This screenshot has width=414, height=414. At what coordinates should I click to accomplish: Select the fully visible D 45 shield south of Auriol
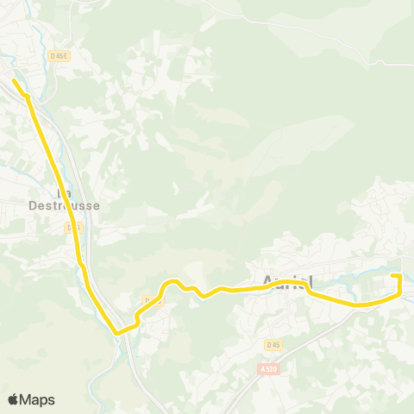click(x=273, y=345)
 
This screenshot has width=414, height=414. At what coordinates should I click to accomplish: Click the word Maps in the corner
click(x=38, y=399)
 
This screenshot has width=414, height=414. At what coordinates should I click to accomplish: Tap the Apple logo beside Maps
click(x=14, y=398)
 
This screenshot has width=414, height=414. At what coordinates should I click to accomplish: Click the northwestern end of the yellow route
click(x=15, y=81)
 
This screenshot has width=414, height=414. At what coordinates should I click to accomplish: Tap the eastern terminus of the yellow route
click(x=392, y=275)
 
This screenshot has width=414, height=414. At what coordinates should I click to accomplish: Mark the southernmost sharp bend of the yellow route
click(x=116, y=330)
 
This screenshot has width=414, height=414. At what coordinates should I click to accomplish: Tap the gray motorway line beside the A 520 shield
click(x=250, y=379)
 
